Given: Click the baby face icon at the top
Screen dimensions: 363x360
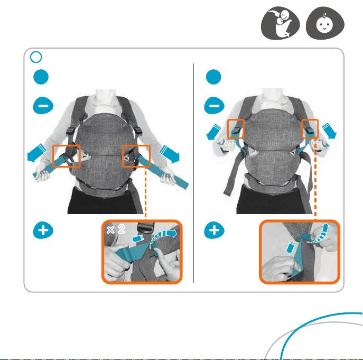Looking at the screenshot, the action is [x=325, y=23].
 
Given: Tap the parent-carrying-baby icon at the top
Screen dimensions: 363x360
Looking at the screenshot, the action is [x=281, y=23].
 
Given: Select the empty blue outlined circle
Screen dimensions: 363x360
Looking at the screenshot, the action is [x=36, y=57].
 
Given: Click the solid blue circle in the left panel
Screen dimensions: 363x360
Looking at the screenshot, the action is [x=41, y=77].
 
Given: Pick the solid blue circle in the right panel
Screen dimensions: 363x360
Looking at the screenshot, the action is [x=213, y=77].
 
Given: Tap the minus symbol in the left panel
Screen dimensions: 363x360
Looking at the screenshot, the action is [x=43, y=106].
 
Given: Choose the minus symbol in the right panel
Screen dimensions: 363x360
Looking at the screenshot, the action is [x=214, y=106].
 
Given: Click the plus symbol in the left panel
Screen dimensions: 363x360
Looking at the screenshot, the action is [x=43, y=230].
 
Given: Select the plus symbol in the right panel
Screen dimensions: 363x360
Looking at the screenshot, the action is [x=214, y=230].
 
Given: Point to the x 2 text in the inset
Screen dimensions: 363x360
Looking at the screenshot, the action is [x=116, y=229].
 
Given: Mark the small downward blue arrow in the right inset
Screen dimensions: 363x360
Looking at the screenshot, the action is [x=290, y=247].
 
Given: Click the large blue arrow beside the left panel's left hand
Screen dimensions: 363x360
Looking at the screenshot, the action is [x=36, y=153].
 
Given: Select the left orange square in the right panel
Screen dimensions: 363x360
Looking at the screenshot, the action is [x=236, y=129].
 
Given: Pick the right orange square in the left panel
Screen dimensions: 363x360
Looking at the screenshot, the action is [x=136, y=156].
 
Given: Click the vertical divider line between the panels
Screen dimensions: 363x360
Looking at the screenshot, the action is [x=193, y=173].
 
